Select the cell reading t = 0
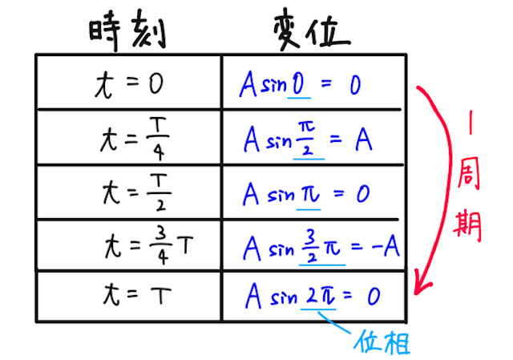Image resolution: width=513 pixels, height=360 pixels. point(129,83)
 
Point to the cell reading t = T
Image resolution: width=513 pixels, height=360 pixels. point(129,296)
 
